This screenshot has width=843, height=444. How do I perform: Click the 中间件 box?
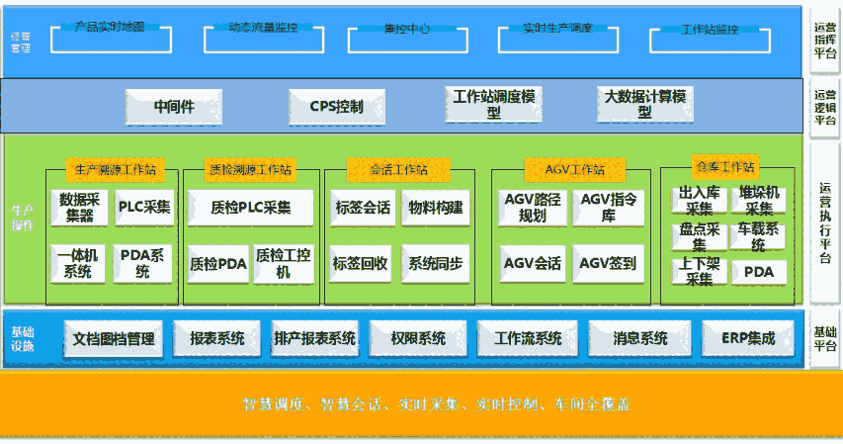173,107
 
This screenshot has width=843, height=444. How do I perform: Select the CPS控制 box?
335,107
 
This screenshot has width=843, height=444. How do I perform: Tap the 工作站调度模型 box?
494,105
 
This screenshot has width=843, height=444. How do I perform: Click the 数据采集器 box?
80,207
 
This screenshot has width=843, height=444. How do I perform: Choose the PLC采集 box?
144,207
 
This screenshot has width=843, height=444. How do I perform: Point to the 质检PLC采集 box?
251,208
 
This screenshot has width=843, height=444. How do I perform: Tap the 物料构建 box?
436,208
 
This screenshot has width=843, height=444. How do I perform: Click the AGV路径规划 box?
533,208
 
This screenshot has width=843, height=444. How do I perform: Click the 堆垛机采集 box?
759,200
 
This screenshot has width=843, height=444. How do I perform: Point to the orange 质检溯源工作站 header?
251,169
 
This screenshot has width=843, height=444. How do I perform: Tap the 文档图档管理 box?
114,338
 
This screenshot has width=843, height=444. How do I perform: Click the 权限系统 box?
418,338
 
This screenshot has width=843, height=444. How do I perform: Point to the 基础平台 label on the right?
825,338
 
